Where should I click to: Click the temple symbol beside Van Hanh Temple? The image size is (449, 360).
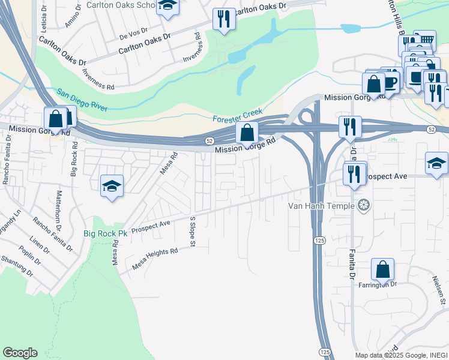(362, 206)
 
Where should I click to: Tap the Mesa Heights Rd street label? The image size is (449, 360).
(152, 259)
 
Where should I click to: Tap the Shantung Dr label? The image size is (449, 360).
(16, 266)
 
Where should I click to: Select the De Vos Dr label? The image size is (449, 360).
(133, 37)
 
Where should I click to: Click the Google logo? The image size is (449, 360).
(20, 353)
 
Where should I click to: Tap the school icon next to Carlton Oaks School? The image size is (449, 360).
(167, 7)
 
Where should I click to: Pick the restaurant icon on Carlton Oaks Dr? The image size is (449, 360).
(224, 19)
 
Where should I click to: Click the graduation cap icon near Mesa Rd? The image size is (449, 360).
(112, 187)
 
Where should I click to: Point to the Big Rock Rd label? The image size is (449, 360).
(74, 159)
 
